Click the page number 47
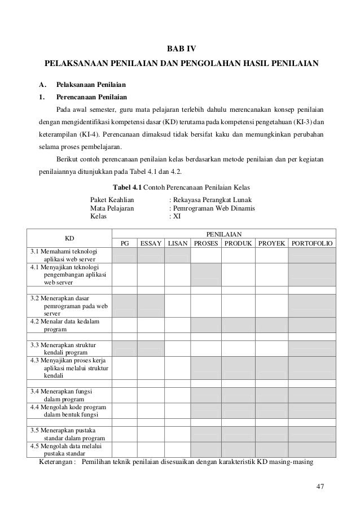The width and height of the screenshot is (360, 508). click(x=321, y=487)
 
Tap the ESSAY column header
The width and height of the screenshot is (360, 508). click(x=151, y=243)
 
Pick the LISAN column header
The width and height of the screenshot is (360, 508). click(x=178, y=243)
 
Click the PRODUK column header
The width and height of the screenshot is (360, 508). click(x=238, y=243)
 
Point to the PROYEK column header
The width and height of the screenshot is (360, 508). click(x=271, y=243)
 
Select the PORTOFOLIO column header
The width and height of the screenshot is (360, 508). click(x=312, y=243)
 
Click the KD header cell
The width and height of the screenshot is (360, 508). click(x=71, y=238)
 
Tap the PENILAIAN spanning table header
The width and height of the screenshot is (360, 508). click(x=223, y=233)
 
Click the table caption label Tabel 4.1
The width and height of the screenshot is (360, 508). click(x=129, y=187)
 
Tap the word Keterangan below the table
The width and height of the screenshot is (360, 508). click(x=56, y=462)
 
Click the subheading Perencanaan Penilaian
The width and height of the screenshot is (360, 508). click(x=94, y=97)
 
